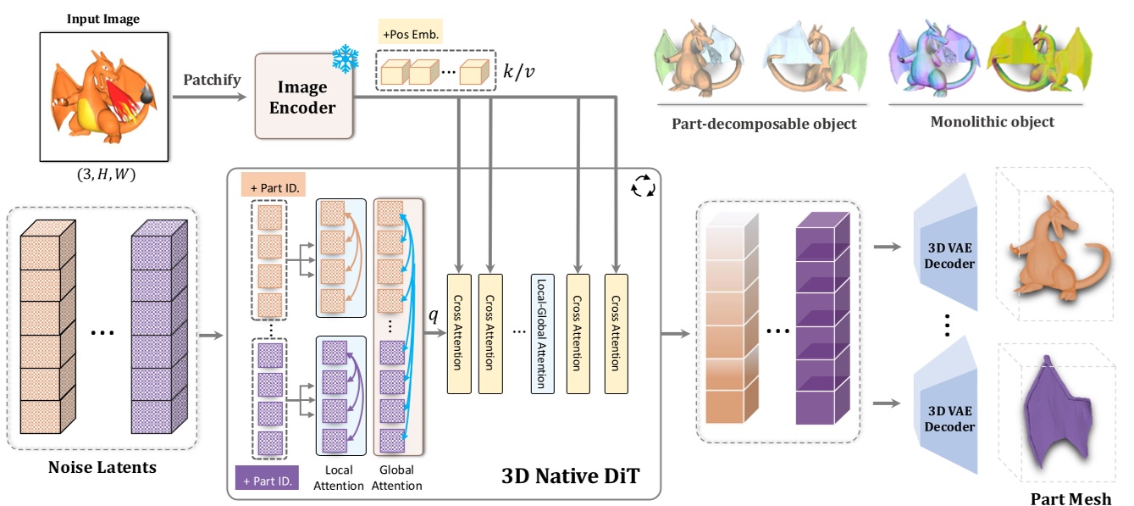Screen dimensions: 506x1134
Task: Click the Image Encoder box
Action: pyautogui.click(x=303, y=97)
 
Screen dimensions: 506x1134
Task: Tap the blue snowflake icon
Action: pyautogui.click(x=345, y=59)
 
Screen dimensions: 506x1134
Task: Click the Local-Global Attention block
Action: pyautogui.click(x=541, y=333)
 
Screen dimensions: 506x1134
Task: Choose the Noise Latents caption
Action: pyautogui.click(x=102, y=466)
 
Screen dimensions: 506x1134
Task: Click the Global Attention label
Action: pyautogui.click(x=397, y=478)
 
